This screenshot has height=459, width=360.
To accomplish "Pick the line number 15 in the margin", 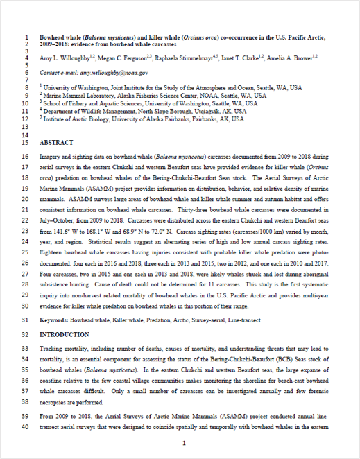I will tap(22, 142).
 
